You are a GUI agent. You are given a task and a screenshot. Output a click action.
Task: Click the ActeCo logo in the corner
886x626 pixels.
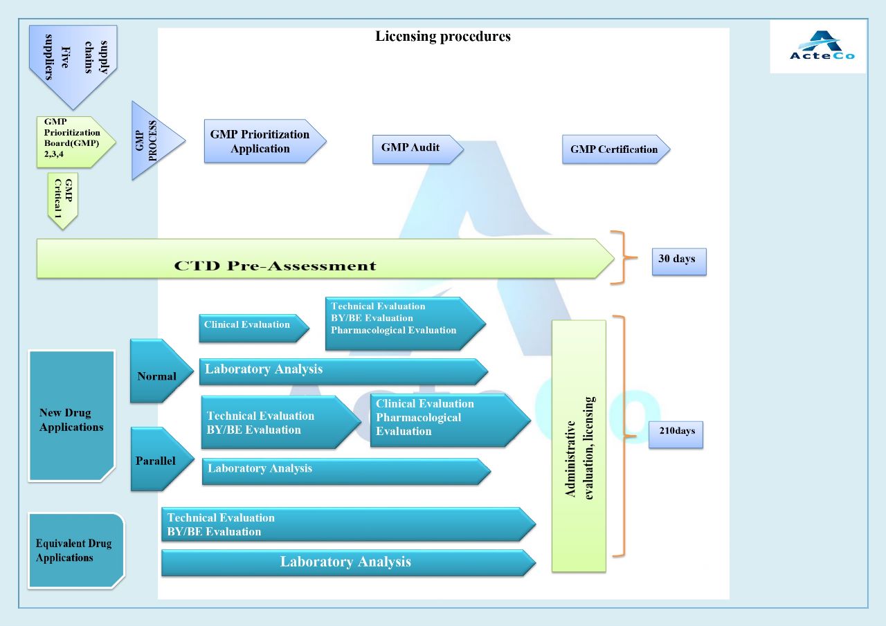click(x=817, y=46)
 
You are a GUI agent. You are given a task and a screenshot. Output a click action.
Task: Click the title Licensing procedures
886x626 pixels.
click(x=443, y=37)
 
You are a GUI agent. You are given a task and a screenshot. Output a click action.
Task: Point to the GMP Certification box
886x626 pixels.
click(x=615, y=149)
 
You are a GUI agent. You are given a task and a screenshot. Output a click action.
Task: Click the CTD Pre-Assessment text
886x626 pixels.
click(x=275, y=266)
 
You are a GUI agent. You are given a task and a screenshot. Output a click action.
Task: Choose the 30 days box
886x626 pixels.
click(x=678, y=261)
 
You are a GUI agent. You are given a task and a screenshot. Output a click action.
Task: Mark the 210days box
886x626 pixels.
click(x=676, y=432)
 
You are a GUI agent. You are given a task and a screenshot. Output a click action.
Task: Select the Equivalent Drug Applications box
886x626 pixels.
click(x=75, y=550)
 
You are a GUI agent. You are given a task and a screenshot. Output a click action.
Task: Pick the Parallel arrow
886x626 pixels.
click(x=158, y=460)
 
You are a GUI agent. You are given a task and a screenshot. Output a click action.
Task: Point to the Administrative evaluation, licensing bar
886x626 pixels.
click(x=579, y=446)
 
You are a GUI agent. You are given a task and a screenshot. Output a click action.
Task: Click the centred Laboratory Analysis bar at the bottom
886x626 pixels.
click(x=346, y=562)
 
